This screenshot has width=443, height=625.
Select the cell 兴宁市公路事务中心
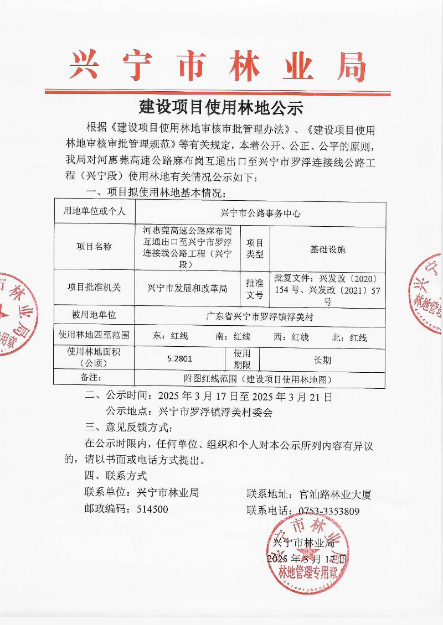click(260, 212)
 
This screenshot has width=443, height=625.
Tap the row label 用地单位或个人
click(94, 211)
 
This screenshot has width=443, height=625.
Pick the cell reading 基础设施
click(328, 249)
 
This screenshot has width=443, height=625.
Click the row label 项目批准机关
click(94, 288)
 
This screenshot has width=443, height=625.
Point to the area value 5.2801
click(179, 358)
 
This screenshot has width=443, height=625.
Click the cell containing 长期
click(322, 360)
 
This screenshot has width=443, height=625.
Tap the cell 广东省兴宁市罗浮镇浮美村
click(260, 317)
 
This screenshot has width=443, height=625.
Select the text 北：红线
click(349, 337)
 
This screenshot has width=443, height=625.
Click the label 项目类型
click(255, 249)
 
